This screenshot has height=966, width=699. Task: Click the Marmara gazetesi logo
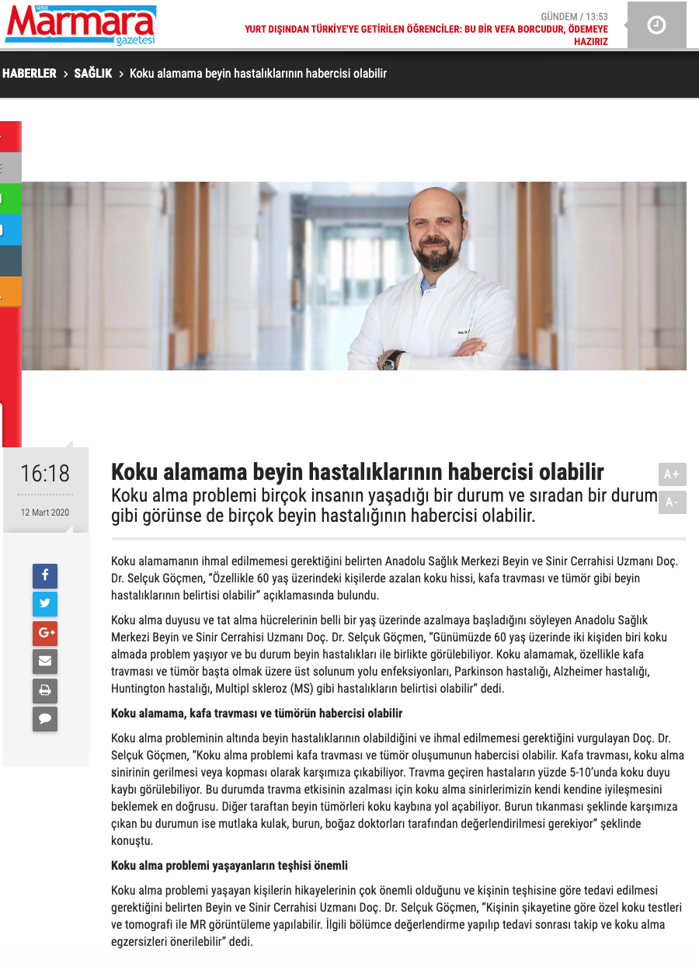[x=81, y=24]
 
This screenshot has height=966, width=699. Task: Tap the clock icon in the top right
[x=656, y=25]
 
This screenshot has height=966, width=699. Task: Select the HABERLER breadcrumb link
[x=30, y=73]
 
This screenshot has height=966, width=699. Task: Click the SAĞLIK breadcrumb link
[x=93, y=73]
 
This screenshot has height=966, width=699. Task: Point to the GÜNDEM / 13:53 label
[x=574, y=16]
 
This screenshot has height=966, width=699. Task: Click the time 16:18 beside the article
[x=45, y=473]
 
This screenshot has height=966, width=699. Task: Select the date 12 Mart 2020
[x=45, y=513]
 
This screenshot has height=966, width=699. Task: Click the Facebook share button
[x=45, y=575]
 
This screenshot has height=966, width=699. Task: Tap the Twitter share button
[x=45, y=604]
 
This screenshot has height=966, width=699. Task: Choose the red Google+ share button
[x=45, y=633]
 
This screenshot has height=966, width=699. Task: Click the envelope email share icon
[x=45, y=662]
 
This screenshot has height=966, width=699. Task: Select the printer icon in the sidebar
[x=45, y=690]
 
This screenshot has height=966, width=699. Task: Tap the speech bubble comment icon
[x=45, y=719]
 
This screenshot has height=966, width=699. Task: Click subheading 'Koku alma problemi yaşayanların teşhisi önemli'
[x=229, y=865]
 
